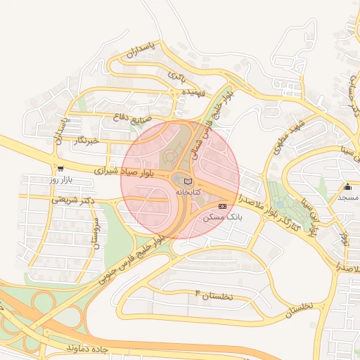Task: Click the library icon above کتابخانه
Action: coord(187,182)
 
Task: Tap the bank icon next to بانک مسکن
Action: coord(223,206)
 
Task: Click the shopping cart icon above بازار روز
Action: coord(60,169)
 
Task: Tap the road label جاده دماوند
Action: coord(89,348)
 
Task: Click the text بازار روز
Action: coord(62,181)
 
